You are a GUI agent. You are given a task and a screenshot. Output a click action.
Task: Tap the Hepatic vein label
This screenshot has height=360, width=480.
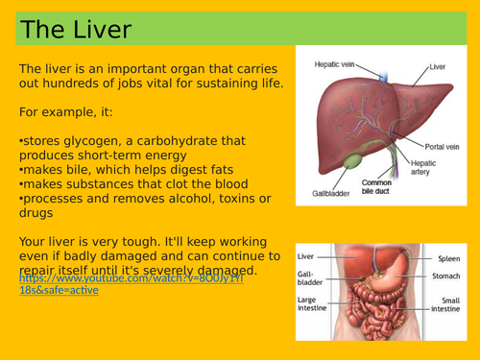coord(335,64)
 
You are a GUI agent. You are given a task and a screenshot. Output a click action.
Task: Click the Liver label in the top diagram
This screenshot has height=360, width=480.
coord(438,67)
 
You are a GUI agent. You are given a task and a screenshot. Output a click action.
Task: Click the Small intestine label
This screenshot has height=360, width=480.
coord(444,306)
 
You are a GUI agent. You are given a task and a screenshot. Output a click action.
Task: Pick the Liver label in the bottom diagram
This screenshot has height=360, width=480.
coord(307,257)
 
